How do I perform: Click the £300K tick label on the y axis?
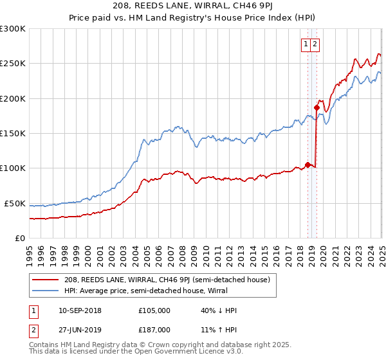point(13,29)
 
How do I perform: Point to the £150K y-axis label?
point(13,134)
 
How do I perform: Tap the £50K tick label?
point(15,203)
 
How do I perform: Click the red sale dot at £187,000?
point(317,107)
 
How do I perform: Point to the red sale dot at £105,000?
point(308,165)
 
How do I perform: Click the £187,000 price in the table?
point(154,329)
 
